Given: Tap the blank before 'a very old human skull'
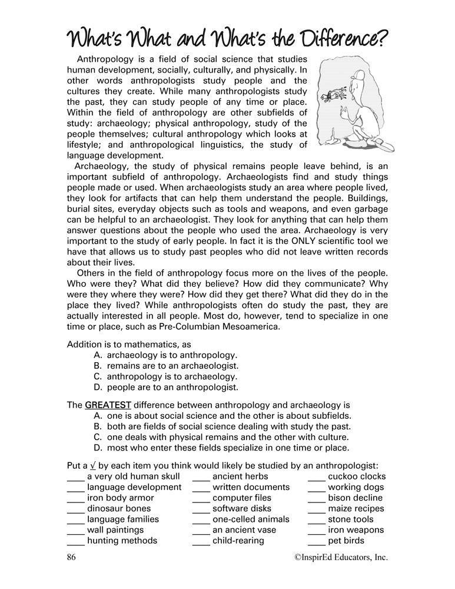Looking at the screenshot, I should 76,477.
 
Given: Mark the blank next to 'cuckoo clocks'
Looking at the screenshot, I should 317,477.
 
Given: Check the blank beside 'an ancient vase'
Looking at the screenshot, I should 201,530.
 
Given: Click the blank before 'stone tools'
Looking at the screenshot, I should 317,519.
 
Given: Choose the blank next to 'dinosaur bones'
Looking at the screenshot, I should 76,509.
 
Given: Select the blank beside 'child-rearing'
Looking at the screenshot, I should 201,541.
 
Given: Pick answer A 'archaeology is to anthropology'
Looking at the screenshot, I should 165,355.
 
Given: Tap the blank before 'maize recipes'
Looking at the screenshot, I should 317,509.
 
